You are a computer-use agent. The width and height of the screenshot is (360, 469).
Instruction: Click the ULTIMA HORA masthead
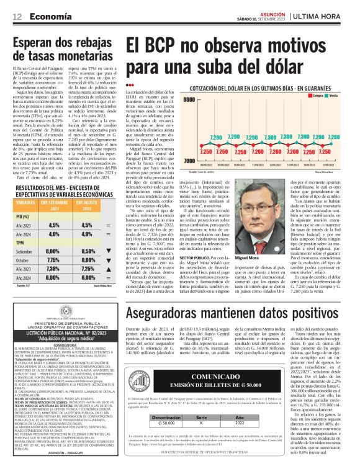point(325,15)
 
